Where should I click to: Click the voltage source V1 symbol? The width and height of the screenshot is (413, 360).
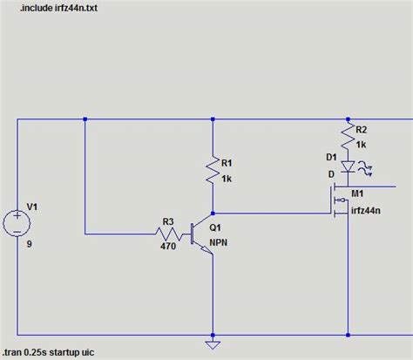pos(17,221)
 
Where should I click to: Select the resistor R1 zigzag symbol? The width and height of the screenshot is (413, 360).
pos(211,170)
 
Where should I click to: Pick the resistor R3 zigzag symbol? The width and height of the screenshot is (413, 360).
pos(166,233)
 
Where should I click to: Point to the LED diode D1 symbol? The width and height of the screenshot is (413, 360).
pos(348,166)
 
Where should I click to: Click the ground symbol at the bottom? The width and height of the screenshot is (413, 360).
pos(211,342)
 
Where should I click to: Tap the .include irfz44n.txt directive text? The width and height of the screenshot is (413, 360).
pos(50,9)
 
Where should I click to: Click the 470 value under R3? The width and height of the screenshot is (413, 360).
pos(167,247)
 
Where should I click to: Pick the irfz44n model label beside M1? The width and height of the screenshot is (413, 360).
pos(367,209)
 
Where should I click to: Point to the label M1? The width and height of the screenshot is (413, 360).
pos(357,194)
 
